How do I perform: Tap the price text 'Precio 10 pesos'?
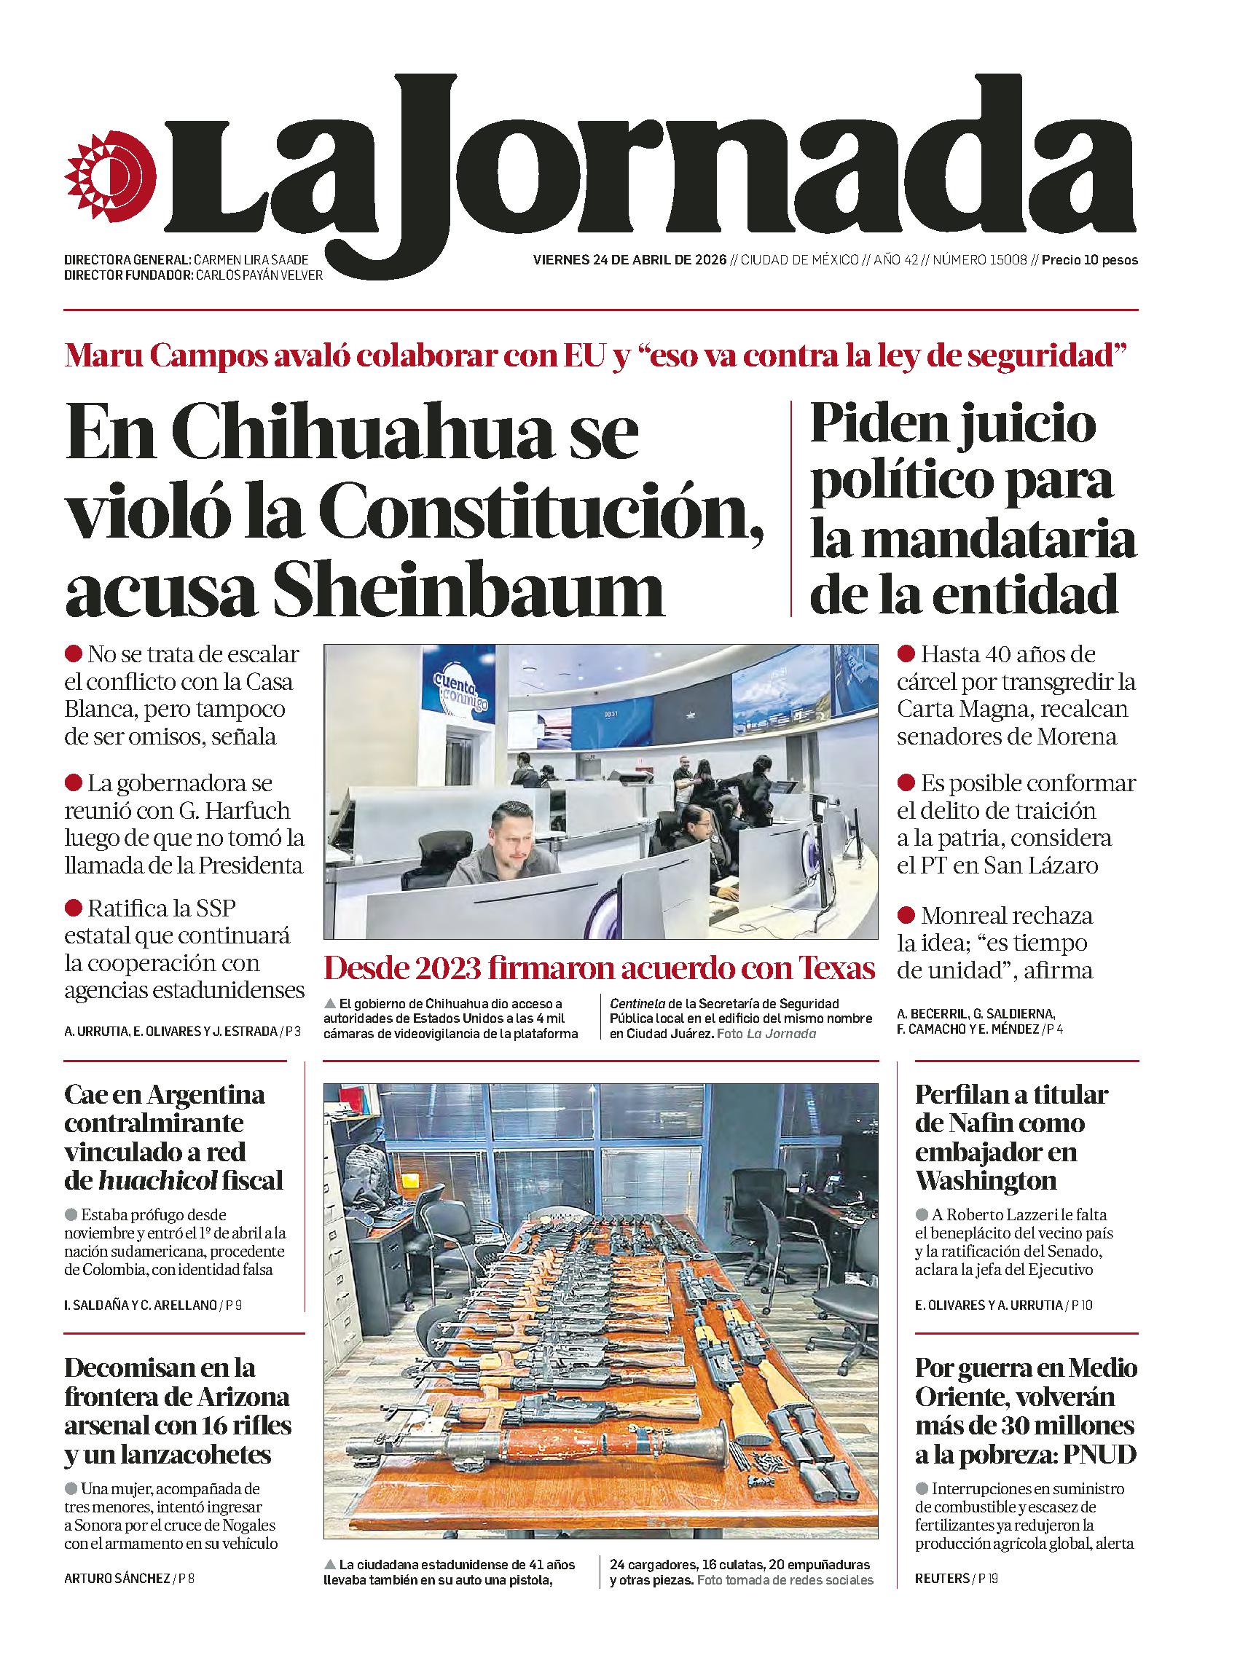(1090, 260)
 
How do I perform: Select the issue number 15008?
(1004, 260)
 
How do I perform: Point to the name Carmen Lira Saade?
(251, 260)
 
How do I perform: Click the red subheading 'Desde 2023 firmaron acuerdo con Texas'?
(600, 969)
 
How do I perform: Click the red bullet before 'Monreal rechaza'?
(906, 915)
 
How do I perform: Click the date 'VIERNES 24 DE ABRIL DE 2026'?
(630, 260)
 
